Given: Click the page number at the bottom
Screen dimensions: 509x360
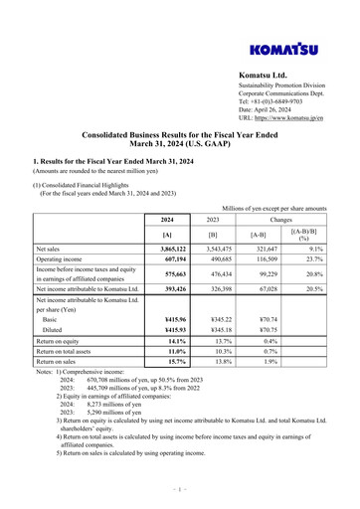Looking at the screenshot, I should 180,489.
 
